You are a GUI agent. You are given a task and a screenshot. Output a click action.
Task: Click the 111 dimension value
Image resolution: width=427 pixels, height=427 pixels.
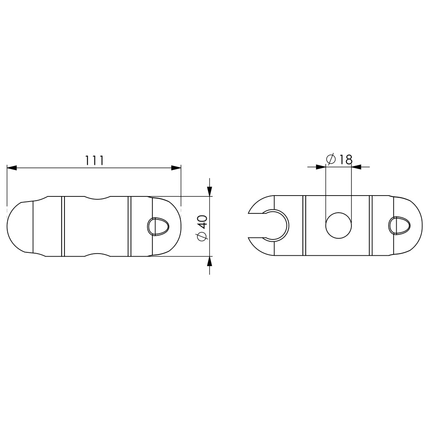coord(94,161)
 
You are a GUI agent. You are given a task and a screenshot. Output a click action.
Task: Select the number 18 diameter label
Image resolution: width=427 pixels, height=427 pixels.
coord(345,159)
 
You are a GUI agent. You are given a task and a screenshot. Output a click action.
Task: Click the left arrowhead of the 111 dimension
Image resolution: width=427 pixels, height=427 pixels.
coord(12,168)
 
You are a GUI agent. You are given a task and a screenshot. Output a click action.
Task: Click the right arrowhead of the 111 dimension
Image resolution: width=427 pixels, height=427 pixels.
coord(176,168)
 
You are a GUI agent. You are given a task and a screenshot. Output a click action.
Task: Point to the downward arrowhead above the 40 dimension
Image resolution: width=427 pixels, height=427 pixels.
coord(209,191)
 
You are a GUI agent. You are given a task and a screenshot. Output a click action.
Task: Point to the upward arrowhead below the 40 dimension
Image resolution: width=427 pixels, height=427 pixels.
coord(209,261)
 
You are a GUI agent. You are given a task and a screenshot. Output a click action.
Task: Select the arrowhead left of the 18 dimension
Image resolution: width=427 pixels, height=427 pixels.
coord(321,167)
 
